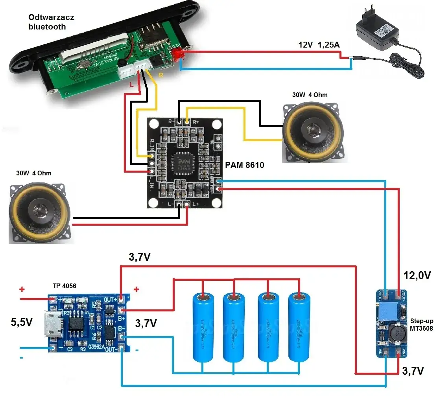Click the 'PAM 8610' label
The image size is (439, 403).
coord(244,166)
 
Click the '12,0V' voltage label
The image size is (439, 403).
coord(417,275)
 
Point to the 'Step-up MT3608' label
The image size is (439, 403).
coord(421,324)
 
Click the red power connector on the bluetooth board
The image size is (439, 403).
coord(178,54)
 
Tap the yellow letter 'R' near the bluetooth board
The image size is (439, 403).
coord(160,74)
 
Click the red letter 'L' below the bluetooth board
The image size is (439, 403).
coord(132,85)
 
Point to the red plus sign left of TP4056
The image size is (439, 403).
coord(22,290)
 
